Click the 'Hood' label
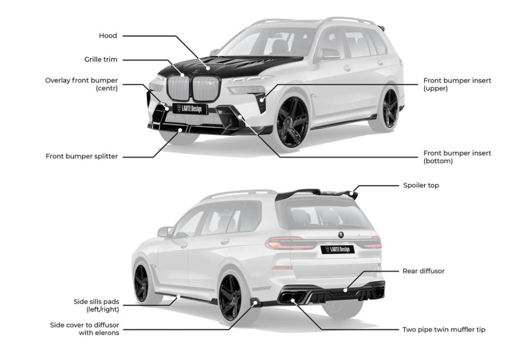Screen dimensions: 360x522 click(108, 36)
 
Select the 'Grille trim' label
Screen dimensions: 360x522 click(101, 60)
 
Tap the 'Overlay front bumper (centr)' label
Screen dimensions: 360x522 click(81, 84)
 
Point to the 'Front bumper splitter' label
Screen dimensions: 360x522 click(81, 156)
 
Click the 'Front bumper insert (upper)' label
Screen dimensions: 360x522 click(457, 85)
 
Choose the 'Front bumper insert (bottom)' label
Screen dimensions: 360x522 click(457, 157)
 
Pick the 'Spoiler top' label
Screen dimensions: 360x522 click(421, 185)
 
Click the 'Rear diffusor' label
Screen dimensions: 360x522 click(423, 271)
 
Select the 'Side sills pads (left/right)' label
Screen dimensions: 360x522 click(96, 305)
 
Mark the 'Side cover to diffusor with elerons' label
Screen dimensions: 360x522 click(85, 329)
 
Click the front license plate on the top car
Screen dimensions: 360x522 click(191, 109)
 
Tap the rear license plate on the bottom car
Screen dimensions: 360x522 click(337, 249)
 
